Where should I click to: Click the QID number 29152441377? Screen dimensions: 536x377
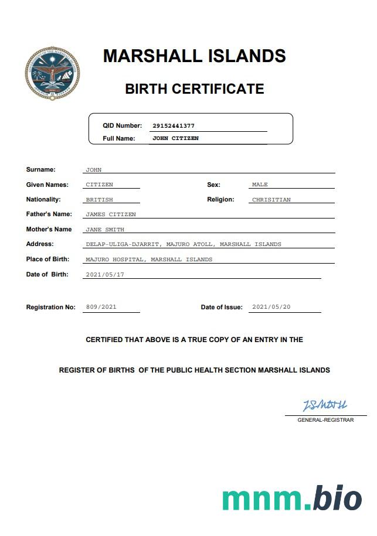click(x=174, y=126)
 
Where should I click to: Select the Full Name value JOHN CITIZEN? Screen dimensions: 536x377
click(x=175, y=139)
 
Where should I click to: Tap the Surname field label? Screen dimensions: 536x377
click(x=40, y=170)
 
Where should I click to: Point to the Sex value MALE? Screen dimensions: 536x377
click(x=260, y=185)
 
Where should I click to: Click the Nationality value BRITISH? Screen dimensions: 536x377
click(x=99, y=200)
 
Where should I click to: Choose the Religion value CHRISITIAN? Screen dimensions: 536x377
click(x=271, y=200)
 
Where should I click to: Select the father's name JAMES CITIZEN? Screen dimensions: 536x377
click(x=111, y=214)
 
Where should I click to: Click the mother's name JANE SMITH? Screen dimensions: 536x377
click(x=105, y=230)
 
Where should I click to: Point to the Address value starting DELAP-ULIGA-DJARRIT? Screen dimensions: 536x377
click(x=184, y=244)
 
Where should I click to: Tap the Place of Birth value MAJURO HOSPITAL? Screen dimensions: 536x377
click(x=149, y=259)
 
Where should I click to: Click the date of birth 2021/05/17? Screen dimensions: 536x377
click(x=105, y=274)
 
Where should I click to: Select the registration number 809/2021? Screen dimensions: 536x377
click(x=101, y=307)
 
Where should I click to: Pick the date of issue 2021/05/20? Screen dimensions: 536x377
click(x=271, y=307)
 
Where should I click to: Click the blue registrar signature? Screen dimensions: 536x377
click(x=324, y=405)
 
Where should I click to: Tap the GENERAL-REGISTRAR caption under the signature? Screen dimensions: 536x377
click(x=325, y=420)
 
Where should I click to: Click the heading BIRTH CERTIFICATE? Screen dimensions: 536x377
click(x=195, y=89)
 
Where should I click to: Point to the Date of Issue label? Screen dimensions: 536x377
click(x=221, y=308)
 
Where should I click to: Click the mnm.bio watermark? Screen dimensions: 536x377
click(x=292, y=499)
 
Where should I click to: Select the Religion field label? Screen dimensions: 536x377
click(x=220, y=200)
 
